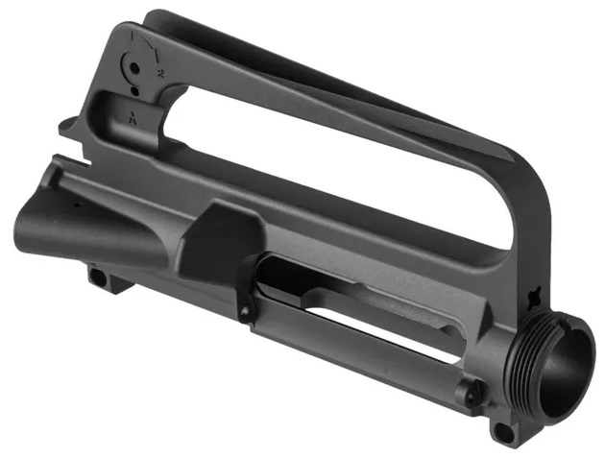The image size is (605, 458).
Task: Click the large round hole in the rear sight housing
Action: click(136, 70)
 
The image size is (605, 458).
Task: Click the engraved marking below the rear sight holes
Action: click(132, 115)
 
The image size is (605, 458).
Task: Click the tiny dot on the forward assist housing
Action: click(75, 205)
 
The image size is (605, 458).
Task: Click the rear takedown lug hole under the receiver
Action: click(97, 277)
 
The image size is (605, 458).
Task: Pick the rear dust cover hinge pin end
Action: click(246, 312)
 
